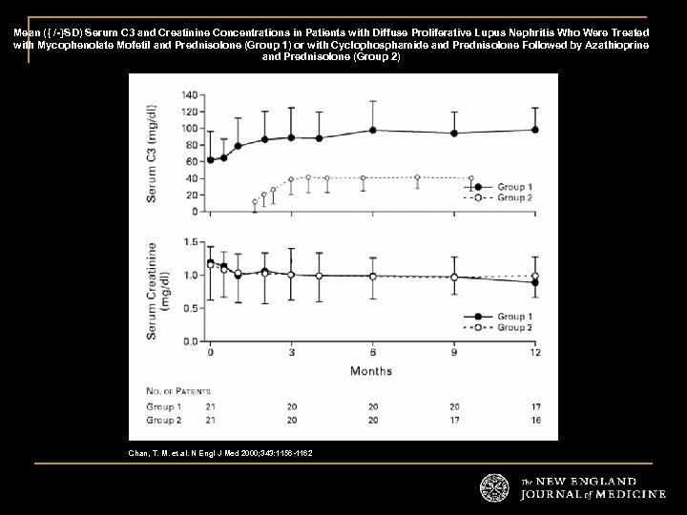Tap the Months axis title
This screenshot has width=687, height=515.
tap(370, 369)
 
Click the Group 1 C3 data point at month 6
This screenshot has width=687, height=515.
tap(372, 130)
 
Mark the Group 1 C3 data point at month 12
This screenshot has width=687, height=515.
tap(534, 130)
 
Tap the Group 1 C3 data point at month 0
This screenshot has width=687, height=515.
tap(210, 159)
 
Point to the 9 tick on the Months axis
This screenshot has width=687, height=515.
tap(453, 353)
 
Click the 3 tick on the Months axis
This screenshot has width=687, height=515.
tap(291, 353)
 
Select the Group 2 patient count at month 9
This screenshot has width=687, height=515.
tap(453, 419)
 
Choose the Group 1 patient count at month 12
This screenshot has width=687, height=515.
tap(534, 406)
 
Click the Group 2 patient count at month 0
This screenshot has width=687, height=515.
tap(210, 419)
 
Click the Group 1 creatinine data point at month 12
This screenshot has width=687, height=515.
tap(534, 282)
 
